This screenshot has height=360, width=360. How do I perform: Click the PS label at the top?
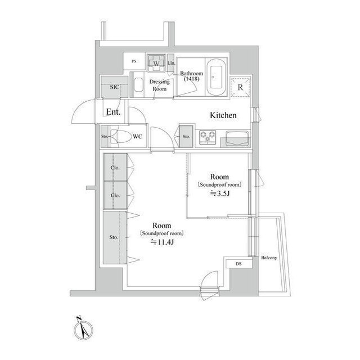click(134, 61)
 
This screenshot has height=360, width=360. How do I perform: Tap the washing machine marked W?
click(156, 63)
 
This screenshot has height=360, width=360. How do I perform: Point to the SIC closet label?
click(114, 87)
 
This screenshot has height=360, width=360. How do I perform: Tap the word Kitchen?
click(223, 115)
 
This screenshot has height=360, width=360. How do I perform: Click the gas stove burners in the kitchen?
click(208, 136)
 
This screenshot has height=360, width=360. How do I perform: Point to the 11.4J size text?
click(161, 242)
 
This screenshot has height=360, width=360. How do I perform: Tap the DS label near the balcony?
click(238, 263)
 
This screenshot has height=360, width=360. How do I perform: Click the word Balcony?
click(269, 258)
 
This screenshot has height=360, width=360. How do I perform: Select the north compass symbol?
click(80, 326)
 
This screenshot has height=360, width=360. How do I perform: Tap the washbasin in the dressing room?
click(138, 87)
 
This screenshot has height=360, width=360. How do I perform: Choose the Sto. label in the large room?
click(114, 237)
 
